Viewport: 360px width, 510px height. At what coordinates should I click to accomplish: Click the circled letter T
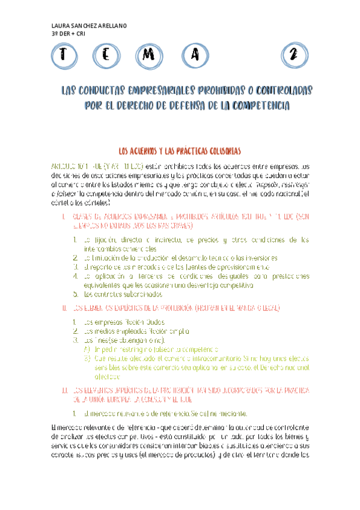click(63, 55)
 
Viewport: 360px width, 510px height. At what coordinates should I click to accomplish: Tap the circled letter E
click(106, 55)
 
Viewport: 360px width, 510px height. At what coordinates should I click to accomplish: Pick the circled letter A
click(194, 55)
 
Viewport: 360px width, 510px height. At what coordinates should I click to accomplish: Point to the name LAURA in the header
click(61, 26)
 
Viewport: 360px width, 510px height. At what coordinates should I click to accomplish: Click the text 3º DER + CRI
click(69, 34)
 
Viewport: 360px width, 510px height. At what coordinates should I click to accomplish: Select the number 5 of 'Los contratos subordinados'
click(76, 295)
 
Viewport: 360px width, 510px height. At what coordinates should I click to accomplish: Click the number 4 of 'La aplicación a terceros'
click(76, 276)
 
